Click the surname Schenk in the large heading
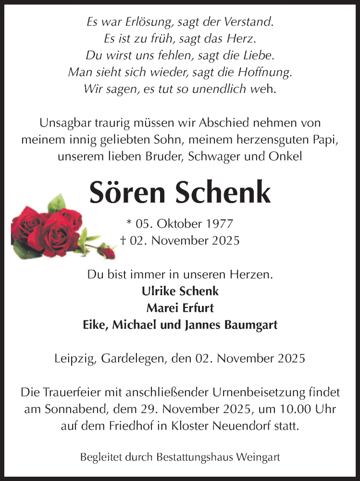tap(223, 193)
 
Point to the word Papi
tap(325, 139)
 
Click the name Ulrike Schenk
tap(180, 291)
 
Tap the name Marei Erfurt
tap(180, 308)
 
